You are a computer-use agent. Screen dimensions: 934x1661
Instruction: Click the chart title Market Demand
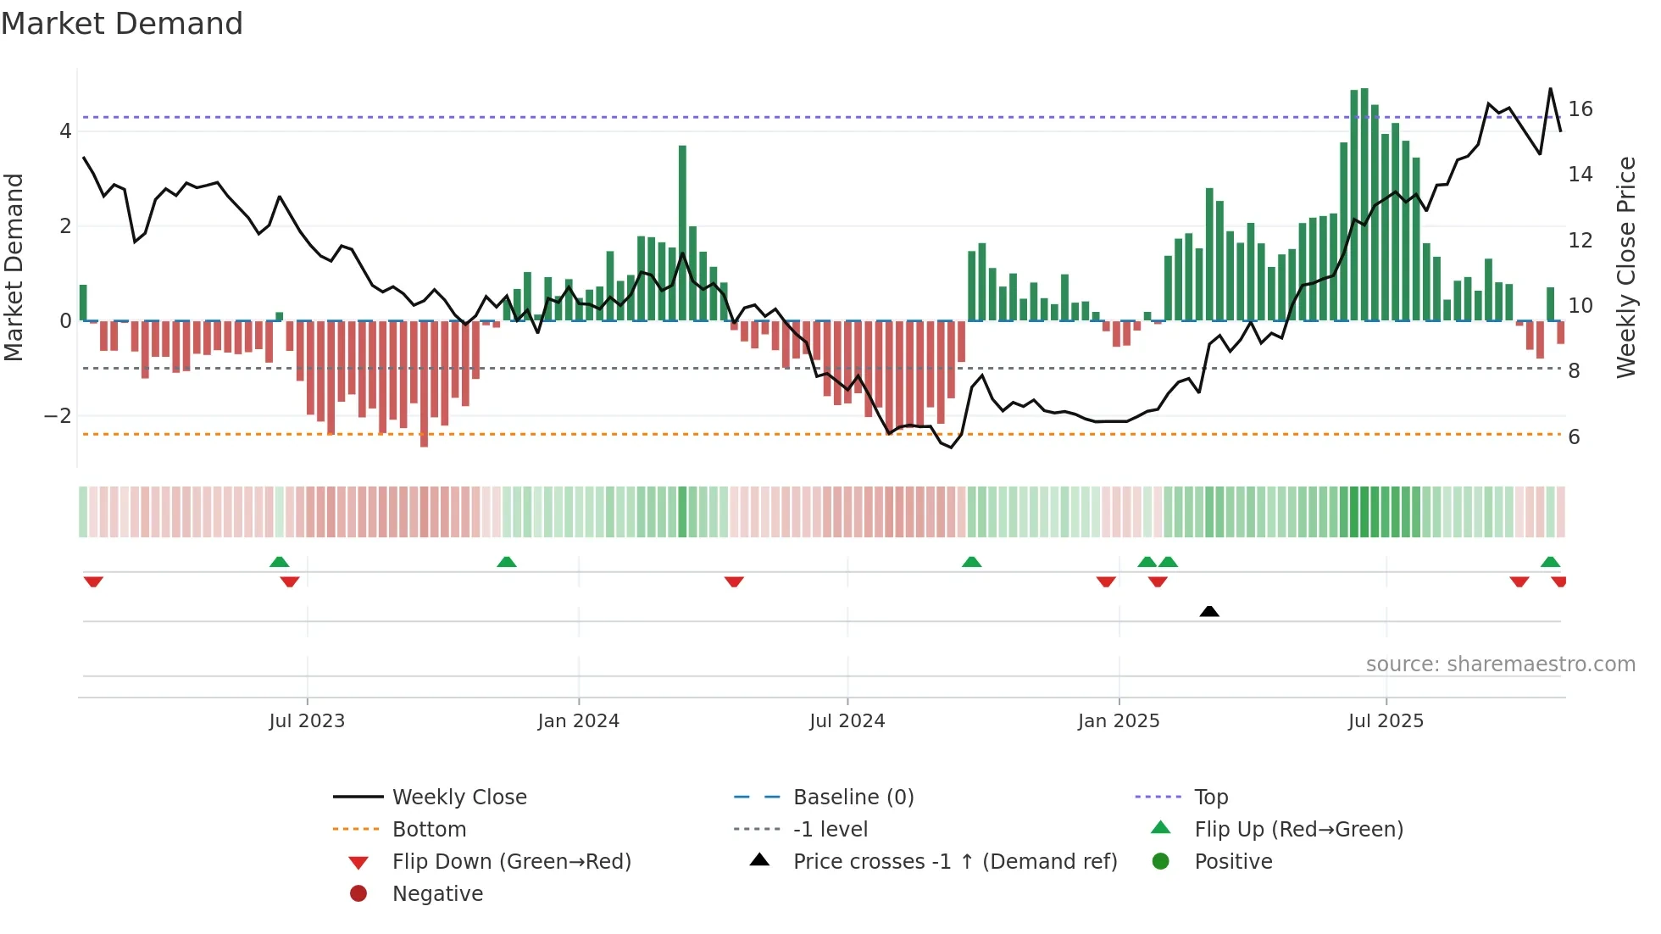122,24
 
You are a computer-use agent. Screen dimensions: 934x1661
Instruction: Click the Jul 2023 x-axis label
307,721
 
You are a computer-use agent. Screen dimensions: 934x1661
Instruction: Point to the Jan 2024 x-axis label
579,721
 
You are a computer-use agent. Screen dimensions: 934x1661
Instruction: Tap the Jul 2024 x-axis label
847,721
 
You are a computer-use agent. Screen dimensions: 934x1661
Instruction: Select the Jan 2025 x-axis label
1119,721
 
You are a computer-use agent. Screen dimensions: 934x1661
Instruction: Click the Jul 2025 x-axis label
1386,721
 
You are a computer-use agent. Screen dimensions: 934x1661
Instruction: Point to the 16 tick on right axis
1580,109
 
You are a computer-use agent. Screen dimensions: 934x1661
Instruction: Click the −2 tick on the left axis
58,416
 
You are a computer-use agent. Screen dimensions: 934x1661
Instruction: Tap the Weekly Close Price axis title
1625,267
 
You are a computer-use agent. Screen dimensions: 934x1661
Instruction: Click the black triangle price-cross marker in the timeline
1209,611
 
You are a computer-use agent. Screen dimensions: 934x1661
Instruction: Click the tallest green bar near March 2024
682,233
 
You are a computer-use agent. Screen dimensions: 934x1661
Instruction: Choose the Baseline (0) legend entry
853,798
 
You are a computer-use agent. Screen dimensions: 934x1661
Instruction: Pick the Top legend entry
1211,798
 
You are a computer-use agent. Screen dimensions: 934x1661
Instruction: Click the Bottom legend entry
429,830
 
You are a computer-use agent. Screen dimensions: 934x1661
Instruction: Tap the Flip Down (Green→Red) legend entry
511,862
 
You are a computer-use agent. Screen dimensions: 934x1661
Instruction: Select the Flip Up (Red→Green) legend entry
1298,830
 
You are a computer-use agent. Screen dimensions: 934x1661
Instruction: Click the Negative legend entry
437,894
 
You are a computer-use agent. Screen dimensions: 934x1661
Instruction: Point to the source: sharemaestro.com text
1500,664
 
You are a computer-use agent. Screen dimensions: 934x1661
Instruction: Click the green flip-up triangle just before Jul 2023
279,562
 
